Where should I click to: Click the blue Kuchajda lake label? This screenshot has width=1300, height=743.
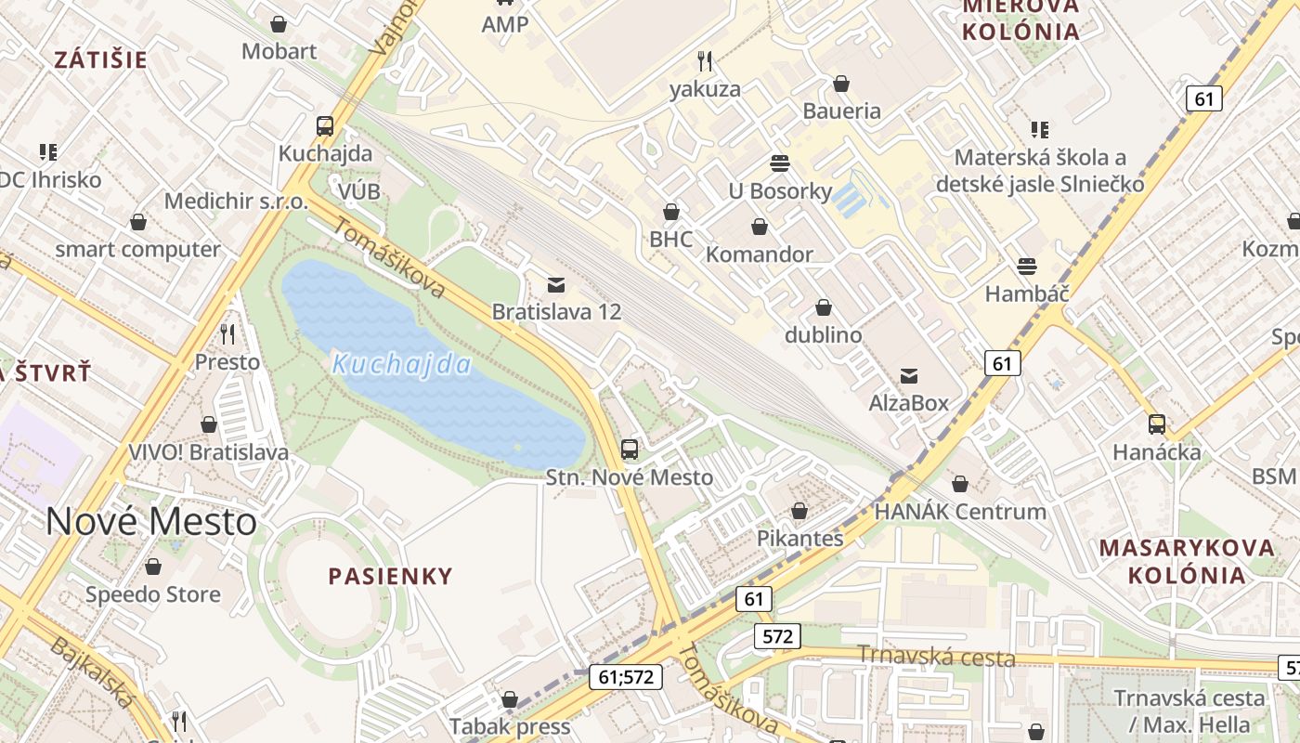point(401,364)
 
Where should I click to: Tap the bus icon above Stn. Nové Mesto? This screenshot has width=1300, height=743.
point(630,450)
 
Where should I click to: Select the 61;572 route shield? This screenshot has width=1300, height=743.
point(626,677)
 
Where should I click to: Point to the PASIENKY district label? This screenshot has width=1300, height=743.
point(391,576)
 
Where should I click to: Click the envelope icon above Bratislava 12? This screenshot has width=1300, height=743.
point(556,284)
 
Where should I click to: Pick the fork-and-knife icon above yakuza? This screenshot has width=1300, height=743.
point(705,61)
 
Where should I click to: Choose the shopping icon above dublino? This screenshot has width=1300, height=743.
point(823,307)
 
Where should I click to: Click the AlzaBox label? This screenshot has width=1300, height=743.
point(909,403)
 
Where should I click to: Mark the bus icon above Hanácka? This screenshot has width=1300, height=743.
point(1157,424)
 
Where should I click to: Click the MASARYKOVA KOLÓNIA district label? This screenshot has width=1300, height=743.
point(1187,561)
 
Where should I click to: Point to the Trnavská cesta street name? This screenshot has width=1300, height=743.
point(935,658)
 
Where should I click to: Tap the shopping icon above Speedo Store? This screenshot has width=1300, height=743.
point(153,567)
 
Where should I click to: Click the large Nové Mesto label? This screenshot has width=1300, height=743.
point(151,522)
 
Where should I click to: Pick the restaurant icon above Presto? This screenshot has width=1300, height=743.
point(227,334)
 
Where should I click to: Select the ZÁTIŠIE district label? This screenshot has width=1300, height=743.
point(100,60)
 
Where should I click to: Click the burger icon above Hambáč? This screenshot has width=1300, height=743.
point(1027,267)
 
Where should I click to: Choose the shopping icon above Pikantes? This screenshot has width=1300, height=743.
point(799,511)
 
